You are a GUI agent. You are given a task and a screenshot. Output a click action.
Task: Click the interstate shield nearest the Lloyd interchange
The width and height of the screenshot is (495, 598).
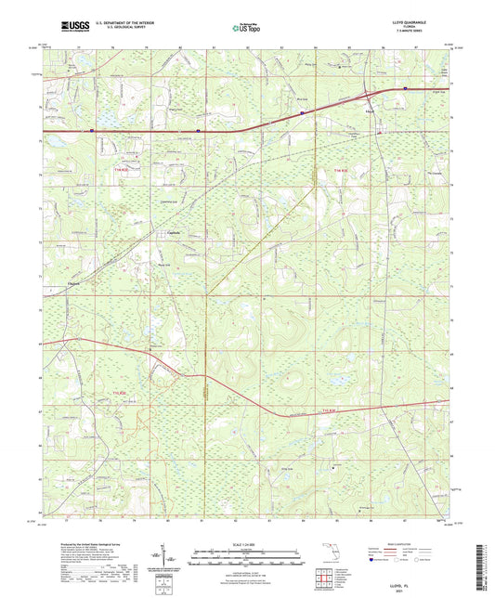[x=405, y=90]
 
